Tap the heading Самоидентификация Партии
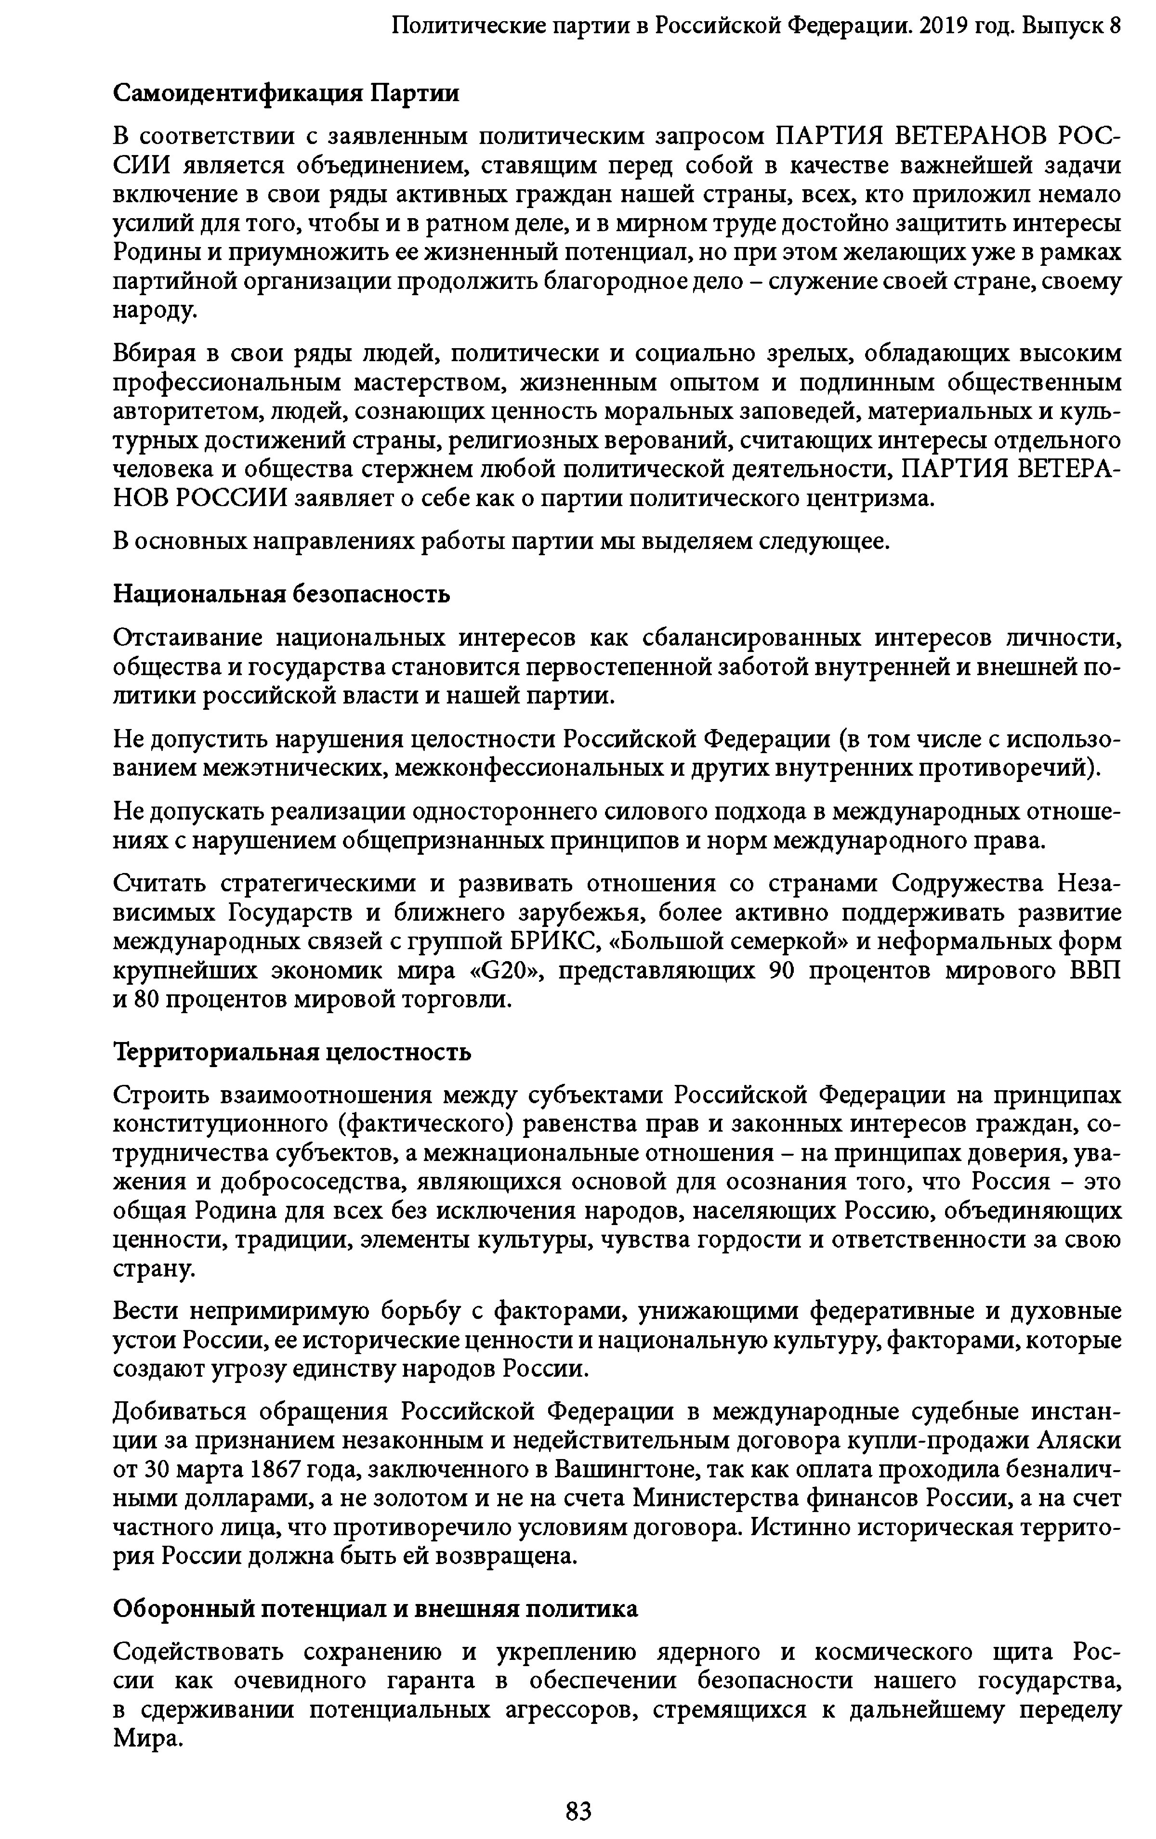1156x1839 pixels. (287, 93)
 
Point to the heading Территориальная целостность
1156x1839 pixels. (292, 1052)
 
